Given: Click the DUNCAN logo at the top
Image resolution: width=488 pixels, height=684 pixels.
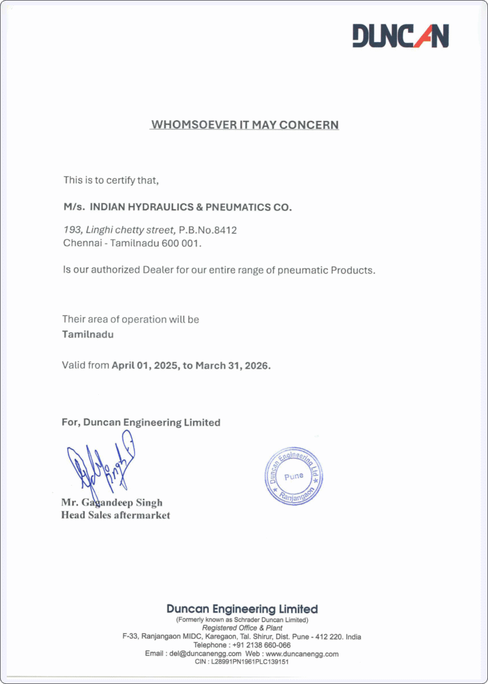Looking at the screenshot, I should [x=401, y=35].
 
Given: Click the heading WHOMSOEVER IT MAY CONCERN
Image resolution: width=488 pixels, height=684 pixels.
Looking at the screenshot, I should [x=244, y=125].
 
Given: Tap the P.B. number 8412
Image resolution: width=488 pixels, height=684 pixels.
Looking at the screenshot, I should [x=225, y=230].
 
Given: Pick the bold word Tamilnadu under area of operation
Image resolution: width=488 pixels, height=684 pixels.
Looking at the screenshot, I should [x=87, y=334].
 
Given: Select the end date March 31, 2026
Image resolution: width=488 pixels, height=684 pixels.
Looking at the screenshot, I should [x=232, y=365].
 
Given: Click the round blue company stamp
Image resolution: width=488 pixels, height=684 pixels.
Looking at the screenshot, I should [x=293, y=476].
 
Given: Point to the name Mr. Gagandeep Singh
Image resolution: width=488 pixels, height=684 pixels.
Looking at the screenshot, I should [x=111, y=502].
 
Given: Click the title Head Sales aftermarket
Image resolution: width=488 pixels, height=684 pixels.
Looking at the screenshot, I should [x=115, y=515].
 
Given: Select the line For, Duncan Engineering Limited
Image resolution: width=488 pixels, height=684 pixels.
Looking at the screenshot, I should [x=141, y=422].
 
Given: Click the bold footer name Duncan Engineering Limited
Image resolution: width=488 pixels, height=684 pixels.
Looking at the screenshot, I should [x=242, y=609].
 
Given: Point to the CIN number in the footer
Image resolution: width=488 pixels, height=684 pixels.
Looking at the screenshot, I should [x=250, y=661].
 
